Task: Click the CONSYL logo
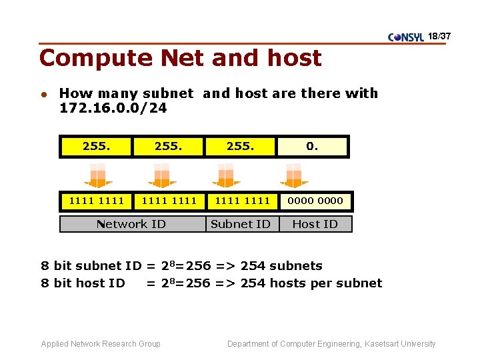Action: click(x=405, y=37)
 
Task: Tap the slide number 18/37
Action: click(x=439, y=35)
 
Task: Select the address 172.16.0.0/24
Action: click(x=113, y=107)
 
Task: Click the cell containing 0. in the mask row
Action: click(x=312, y=146)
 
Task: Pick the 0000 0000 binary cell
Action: click(x=315, y=201)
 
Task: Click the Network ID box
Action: click(x=131, y=224)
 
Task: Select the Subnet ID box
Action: click(x=241, y=224)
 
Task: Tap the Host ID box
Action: click(x=315, y=224)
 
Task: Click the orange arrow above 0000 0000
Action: click(x=294, y=175)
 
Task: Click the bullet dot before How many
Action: click(x=44, y=94)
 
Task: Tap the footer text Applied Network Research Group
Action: click(x=101, y=344)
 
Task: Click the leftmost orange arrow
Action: click(x=98, y=175)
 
